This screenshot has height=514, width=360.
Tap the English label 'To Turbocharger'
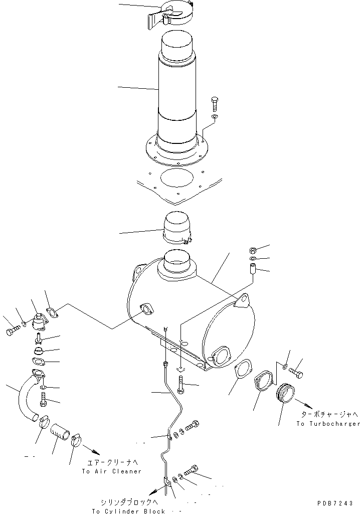pos(328,424)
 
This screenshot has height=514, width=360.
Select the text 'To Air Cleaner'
pos(112,471)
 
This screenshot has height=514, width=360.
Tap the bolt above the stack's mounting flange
pos(214,104)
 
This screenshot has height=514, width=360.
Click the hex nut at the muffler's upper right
pos(253,250)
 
